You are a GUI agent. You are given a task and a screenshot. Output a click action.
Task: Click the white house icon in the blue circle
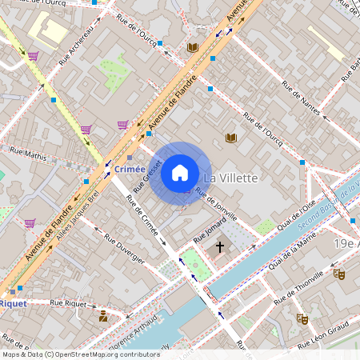pyautogui.click(x=180, y=172)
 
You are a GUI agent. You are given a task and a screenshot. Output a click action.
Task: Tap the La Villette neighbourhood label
pyautogui.click(x=230, y=178)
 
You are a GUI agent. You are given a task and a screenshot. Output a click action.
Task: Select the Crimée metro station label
pyautogui.click(x=130, y=169)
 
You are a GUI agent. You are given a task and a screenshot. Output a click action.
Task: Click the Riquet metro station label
pyautogui.click(x=12, y=303)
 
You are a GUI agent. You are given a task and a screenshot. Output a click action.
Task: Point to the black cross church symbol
pyautogui.click(x=220, y=247)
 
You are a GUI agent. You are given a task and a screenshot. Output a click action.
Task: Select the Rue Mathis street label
pyautogui.click(x=29, y=151)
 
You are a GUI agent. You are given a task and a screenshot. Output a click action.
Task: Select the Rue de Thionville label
pyautogui.click(x=298, y=290)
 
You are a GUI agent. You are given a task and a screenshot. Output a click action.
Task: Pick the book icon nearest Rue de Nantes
pyautogui.click(x=231, y=138)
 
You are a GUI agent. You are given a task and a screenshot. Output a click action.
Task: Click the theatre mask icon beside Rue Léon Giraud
pyautogui.click(x=302, y=318)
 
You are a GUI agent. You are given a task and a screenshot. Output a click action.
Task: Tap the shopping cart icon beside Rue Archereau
pyautogui.click(x=34, y=56)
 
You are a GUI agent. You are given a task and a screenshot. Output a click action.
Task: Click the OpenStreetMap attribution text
pyautogui.click(x=80, y=354)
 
